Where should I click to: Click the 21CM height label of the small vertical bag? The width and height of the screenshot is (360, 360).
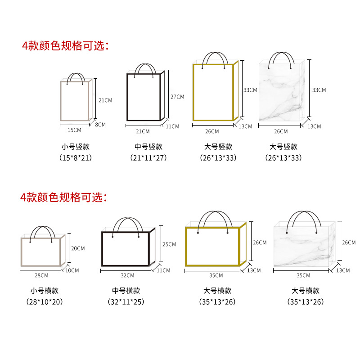click(105, 100)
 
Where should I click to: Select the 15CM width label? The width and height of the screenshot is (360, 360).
click(75, 130)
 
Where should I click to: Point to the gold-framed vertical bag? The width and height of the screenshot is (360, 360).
click(213, 92)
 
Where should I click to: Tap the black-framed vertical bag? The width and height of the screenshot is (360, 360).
click(144, 97)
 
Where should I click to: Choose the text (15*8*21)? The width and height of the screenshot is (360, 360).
click(76, 158)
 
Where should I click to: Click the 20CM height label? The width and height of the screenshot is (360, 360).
click(78, 248)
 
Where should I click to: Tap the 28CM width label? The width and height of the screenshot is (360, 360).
click(41, 275)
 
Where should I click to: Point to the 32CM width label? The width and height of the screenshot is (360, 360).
click(127, 275)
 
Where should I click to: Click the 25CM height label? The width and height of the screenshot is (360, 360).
click(169, 244)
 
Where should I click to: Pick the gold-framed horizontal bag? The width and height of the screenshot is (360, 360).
click(213, 246)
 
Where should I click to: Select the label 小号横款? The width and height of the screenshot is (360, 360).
click(42, 291)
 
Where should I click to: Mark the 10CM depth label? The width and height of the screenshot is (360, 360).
click(72, 270)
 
